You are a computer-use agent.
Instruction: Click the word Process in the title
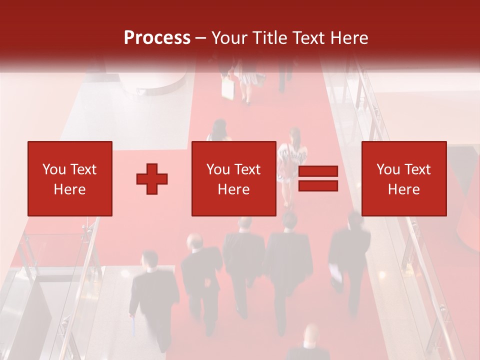[157, 38]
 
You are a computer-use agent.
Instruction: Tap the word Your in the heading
[230, 38]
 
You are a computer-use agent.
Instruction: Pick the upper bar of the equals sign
[318, 171]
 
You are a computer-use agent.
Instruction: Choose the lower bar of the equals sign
[318, 186]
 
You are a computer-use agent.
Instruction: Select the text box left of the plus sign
[69, 178]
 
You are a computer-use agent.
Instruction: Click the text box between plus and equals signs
[233, 178]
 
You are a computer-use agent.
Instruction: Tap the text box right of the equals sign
[403, 178]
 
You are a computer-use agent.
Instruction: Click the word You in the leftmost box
[53, 169]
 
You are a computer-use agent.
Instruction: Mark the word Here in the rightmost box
[403, 189]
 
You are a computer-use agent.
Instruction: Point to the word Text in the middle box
[247, 169]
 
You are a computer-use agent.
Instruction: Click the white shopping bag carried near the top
[228, 89]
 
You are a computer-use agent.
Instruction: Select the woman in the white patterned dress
[292, 162]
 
